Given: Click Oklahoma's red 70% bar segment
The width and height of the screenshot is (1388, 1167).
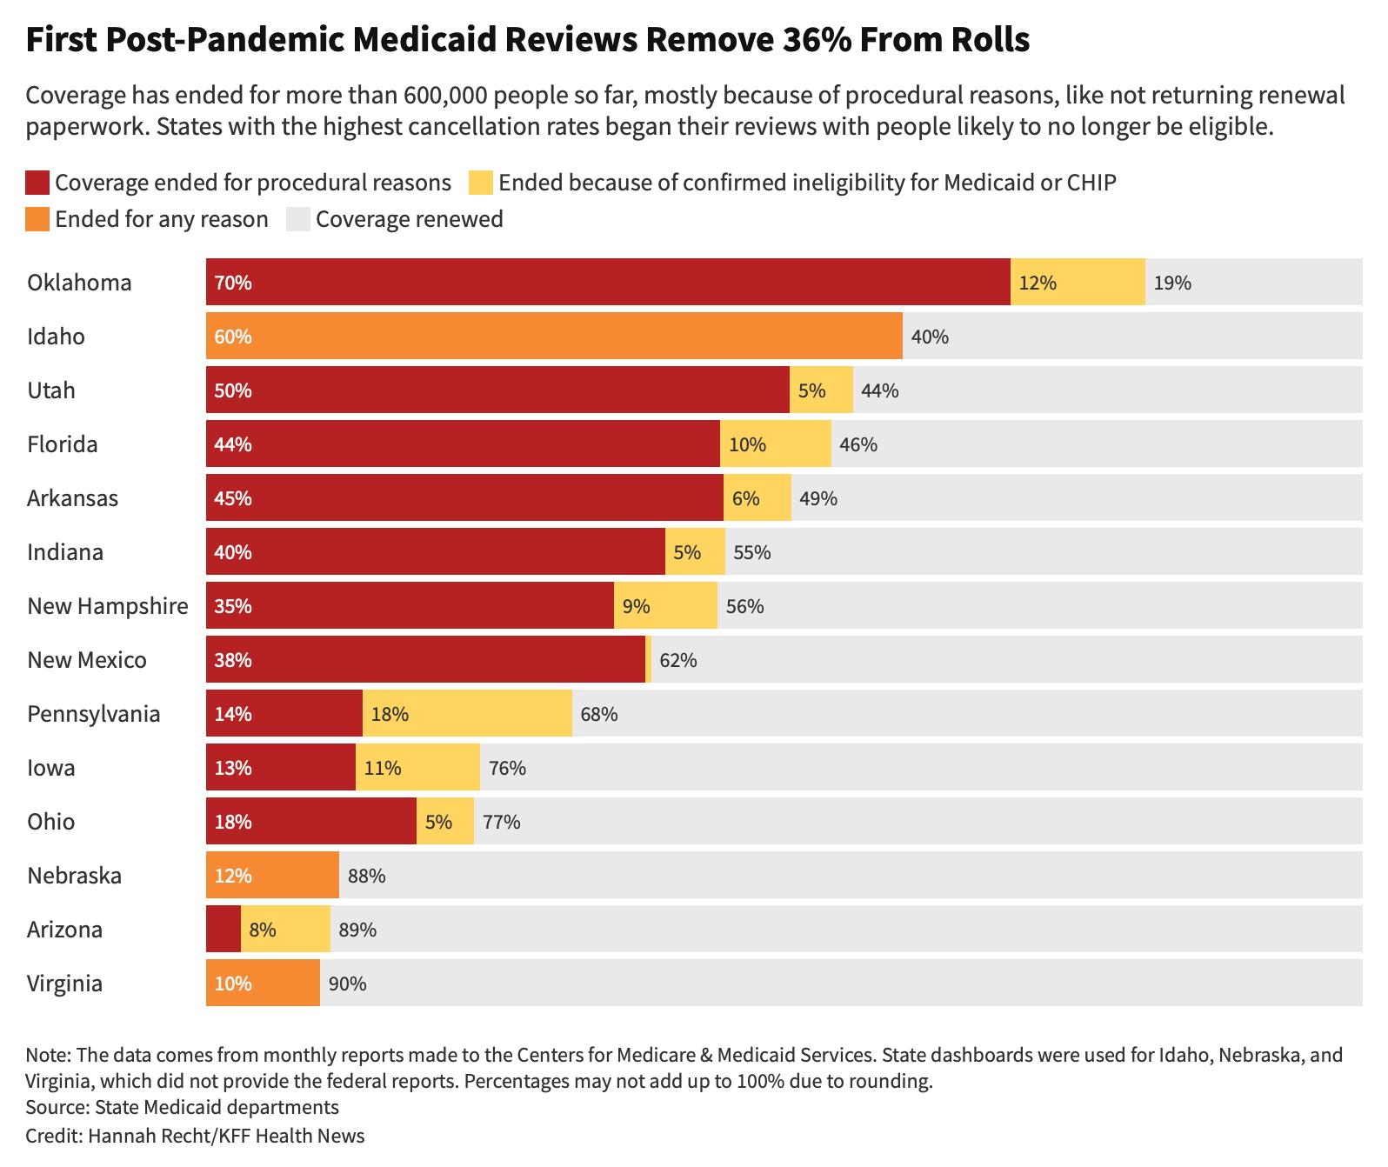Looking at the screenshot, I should [x=607, y=282].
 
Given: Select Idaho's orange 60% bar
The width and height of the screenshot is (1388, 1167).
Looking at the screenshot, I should [x=554, y=336].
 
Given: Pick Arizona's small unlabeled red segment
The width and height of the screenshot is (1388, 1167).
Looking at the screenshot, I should [x=224, y=929].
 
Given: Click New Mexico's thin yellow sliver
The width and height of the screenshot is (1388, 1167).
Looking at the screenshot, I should [x=649, y=659].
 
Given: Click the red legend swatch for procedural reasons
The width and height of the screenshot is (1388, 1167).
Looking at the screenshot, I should [x=37, y=183].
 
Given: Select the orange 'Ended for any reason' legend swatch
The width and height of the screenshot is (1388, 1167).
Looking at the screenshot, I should [x=37, y=219].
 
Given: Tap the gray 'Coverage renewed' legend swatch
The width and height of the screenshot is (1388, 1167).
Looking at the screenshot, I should [x=298, y=219].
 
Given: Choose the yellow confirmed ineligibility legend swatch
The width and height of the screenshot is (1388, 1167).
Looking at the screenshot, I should [x=481, y=183].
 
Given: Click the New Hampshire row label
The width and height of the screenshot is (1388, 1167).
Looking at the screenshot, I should [x=107, y=606].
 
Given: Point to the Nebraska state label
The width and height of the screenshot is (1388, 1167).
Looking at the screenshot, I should [x=74, y=876].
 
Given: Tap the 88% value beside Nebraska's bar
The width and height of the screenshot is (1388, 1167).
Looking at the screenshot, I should [x=366, y=876].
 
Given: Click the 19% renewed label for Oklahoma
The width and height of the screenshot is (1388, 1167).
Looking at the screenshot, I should [x=1172, y=283].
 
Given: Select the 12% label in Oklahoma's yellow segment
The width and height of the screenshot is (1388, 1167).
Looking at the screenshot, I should [x=1038, y=283].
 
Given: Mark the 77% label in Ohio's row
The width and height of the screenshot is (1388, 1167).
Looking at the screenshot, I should [x=501, y=822].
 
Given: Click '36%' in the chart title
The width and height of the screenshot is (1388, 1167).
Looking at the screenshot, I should [x=812, y=40].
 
